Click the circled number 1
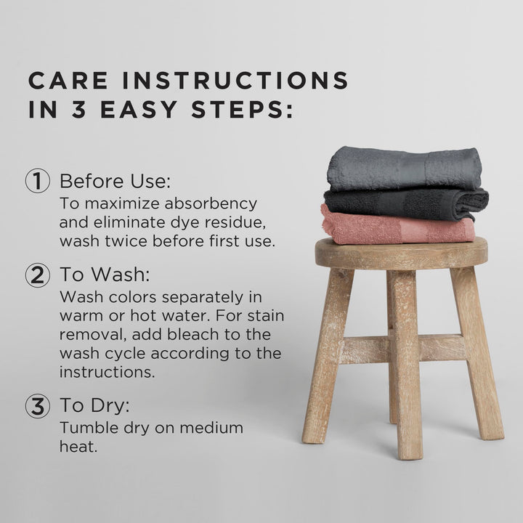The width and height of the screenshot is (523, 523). click(x=38, y=181)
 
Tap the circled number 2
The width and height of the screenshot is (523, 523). click(x=38, y=275)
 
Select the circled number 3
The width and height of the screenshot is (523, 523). click(x=38, y=406)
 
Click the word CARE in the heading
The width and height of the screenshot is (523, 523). click(x=68, y=81)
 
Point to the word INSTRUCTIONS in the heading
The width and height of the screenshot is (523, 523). click(x=235, y=81)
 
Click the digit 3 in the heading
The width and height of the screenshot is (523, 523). click(x=79, y=110)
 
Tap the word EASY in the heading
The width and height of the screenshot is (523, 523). click(x=139, y=110)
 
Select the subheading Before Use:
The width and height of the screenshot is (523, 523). click(x=115, y=181)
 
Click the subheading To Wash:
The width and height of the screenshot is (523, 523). click(x=105, y=275)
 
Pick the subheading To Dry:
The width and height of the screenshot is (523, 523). click(x=94, y=405)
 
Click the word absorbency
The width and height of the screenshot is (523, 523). click(x=211, y=204)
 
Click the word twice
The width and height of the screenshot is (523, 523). click(x=126, y=241)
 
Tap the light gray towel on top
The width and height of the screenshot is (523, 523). click(x=404, y=168)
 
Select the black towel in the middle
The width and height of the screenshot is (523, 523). click(x=406, y=204)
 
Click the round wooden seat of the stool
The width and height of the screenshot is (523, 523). click(x=401, y=254)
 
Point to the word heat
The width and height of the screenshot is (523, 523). click(x=78, y=446)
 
